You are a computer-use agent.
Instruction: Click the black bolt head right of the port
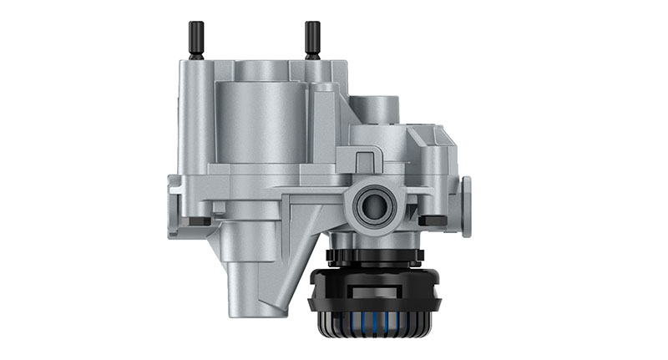(x=431, y=221)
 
